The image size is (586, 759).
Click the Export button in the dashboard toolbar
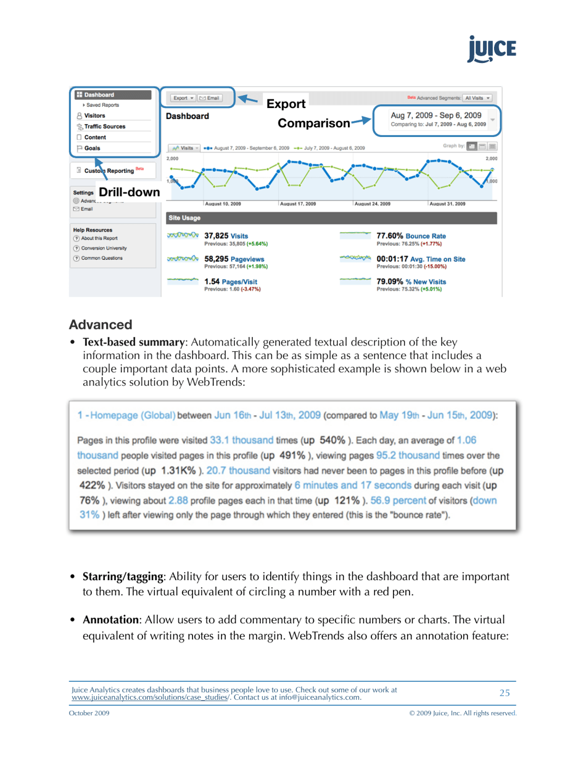click(x=183, y=98)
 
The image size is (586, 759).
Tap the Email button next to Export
click(x=210, y=98)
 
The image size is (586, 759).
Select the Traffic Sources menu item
click(x=104, y=126)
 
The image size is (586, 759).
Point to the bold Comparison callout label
click(x=313, y=123)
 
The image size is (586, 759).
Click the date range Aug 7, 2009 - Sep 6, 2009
click(x=435, y=115)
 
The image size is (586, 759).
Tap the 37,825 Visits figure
click(x=226, y=236)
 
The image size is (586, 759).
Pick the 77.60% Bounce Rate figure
click(x=411, y=236)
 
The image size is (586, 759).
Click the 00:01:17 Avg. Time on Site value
click(x=421, y=259)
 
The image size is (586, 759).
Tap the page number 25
click(x=505, y=692)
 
